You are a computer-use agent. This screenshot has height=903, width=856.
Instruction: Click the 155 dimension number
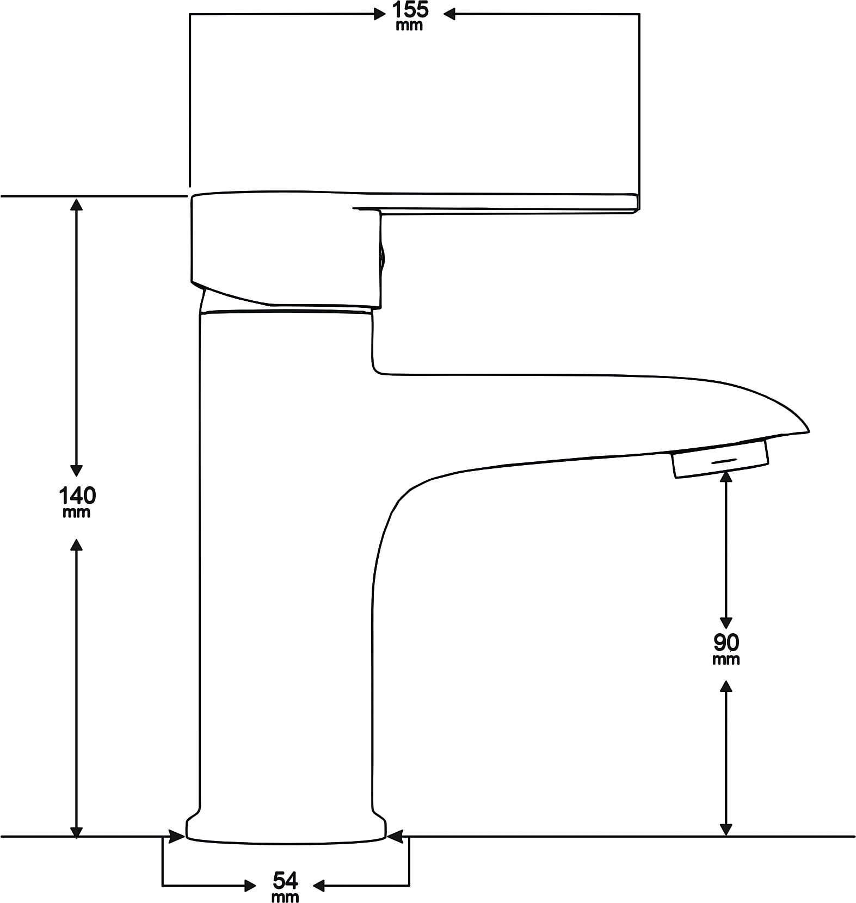(x=410, y=10)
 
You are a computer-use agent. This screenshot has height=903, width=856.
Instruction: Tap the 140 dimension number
(x=77, y=495)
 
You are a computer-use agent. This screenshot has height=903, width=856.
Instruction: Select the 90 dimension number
(x=726, y=642)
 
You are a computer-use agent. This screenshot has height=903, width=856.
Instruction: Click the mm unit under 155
(x=409, y=26)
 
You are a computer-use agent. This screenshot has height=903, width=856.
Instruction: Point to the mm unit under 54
(x=285, y=896)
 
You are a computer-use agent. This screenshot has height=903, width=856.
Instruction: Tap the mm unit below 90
(x=726, y=659)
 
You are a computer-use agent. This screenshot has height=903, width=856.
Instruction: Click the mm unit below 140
(x=77, y=512)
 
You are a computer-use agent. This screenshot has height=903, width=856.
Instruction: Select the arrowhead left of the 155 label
(x=379, y=14)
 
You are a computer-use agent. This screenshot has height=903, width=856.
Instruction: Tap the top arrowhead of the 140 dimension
(x=77, y=205)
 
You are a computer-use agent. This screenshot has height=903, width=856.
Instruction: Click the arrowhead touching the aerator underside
(x=725, y=477)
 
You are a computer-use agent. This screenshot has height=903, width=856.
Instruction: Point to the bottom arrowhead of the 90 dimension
(x=725, y=828)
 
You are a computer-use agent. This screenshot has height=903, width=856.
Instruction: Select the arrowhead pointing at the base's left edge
(x=176, y=836)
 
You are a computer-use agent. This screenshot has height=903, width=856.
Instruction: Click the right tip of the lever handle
(x=637, y=202)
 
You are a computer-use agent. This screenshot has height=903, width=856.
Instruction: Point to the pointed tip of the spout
(x=808, y=431)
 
